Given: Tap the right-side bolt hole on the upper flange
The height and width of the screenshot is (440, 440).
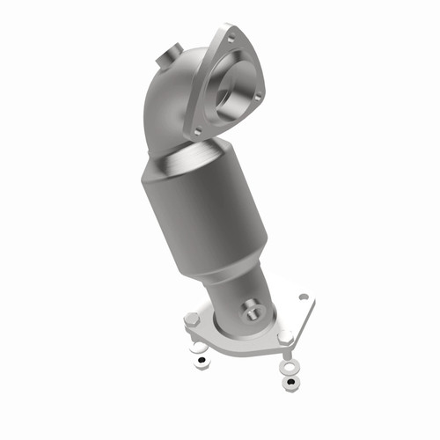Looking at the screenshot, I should point(259,89).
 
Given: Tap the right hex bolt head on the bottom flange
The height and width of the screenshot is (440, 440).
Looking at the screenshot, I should point(286,337).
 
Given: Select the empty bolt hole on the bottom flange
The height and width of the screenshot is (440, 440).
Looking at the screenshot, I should point(304,298).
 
